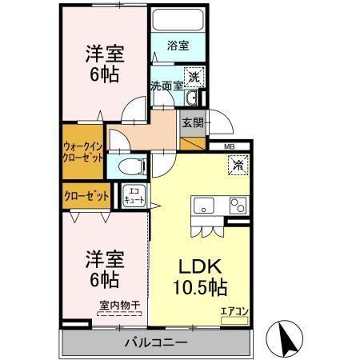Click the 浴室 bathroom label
pyautogui.click(x=178, y=46)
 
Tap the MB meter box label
pyautogui.click(x=229, y=146)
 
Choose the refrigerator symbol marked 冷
pyautogui.click(x=238, y=166)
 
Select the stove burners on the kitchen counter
pyautogui.click(x=237, y=205)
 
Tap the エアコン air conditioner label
pyautogui.click(x=234, y=310)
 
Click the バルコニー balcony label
pyautogui.click(x=156, y=342)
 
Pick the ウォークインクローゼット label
pyautogui.click(x=82, y=151)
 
